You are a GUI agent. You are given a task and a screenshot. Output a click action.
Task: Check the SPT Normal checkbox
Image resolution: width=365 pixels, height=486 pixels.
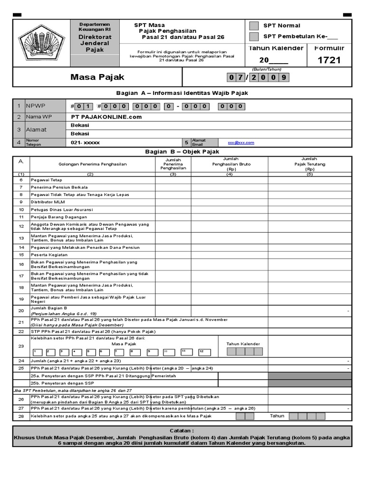click(x=254, y=26)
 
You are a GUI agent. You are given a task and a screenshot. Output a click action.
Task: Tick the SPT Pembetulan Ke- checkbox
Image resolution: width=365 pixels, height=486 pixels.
click(x=254, y=37)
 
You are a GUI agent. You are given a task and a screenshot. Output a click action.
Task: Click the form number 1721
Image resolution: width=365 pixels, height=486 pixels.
click(x=329, y=60)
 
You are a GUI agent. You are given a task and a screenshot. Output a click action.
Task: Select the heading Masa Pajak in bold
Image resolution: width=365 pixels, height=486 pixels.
click(x=97, y=77)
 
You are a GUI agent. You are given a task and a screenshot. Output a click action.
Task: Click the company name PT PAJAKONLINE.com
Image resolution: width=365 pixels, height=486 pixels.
click(x=106, y=117)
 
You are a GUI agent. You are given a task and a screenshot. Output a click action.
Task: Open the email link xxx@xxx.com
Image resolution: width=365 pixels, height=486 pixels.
click(x=241, y=142)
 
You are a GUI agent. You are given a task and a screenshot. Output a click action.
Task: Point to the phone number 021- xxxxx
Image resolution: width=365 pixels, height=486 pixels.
click(x=86, y=142)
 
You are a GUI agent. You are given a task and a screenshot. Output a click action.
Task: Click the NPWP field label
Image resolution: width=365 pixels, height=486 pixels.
click(x=34, y=106)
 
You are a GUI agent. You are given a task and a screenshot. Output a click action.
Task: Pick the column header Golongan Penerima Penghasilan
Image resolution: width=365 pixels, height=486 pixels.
click(x=93, y=164)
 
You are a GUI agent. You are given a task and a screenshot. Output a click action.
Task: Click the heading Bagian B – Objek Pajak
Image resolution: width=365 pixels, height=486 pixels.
click(x=182, y=152)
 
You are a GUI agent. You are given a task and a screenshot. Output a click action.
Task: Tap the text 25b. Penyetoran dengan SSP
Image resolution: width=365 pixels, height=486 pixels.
click(x=62, y=383)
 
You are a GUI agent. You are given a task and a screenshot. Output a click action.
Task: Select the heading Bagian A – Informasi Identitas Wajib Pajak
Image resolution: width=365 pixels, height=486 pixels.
click(x=182, y=93)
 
